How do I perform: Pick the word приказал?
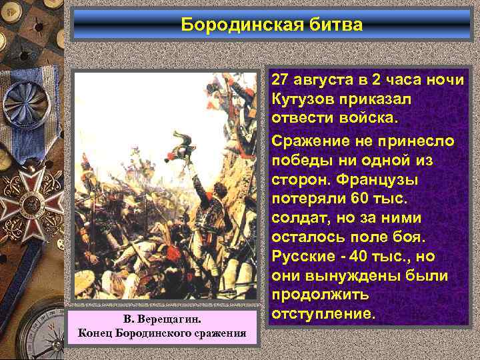[x=380, y=99]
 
